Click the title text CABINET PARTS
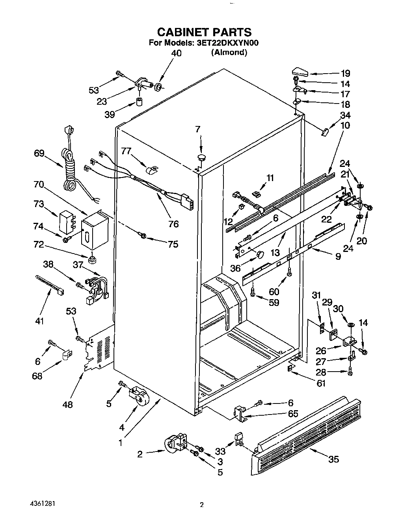pyautogui.click(x=204, y=32)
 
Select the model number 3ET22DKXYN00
pyautogui.click(x=227, y=43)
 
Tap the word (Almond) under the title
pyautogui.click(x=229, y=52)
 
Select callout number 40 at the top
pyautogui.click(x=176, y=53)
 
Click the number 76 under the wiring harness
pyautogui.click(x=173, y=224)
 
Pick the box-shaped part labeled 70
pyautogui.click(x=93, y=232)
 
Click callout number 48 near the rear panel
pyautogui.click(x=68, y=404)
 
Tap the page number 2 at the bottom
pyautogui.click(x=201, y=505)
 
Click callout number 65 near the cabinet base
pyautogui.click(x=293, y=414)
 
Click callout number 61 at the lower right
pyautogui.click(x=321, y=383)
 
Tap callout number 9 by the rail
pyautogui.click(x=338, y=256)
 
